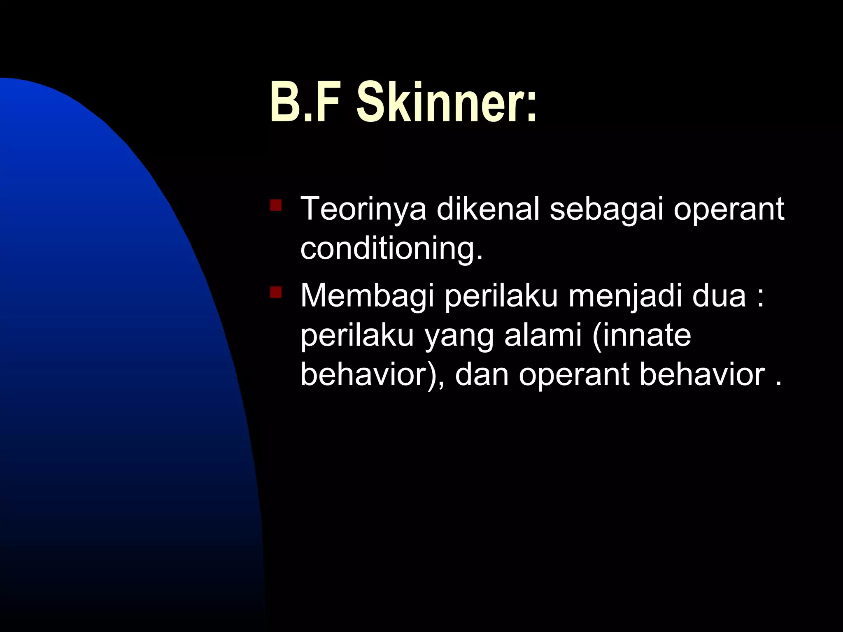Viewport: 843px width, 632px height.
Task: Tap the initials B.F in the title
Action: (x=308, y=102)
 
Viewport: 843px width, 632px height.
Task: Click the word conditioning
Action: (x=391, y=249)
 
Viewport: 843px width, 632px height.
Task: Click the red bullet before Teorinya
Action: (x=275, y=205)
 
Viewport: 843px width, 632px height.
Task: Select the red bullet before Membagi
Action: (x=275, y=292)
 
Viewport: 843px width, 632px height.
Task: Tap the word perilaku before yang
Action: (x=356, y=336)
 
